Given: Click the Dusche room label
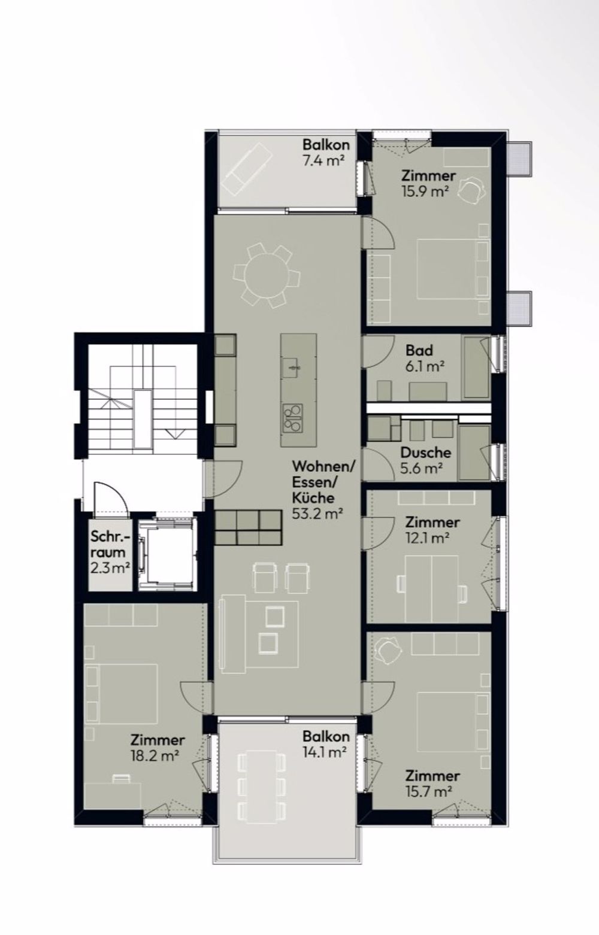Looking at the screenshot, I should [x=426, y=453].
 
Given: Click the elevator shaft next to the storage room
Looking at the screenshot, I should [x=165, y=554].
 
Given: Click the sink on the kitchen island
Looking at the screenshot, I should [x=293, y=365].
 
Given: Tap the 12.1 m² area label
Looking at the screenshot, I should [x=428, y=538].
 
